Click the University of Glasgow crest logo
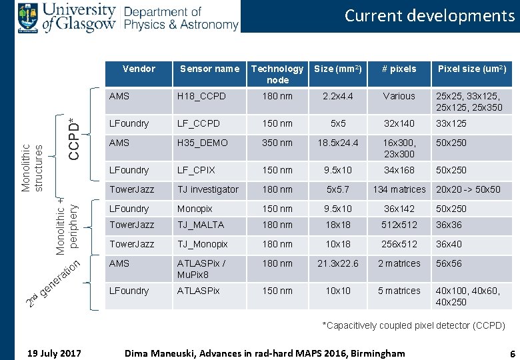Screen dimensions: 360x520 (28, 17)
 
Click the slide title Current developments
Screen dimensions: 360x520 (429, 15)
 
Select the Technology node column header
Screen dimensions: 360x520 (277, 74)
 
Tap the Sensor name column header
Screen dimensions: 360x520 (209, 69)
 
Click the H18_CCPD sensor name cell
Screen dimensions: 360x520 (201, 96)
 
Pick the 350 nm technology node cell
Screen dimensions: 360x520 (277, 143)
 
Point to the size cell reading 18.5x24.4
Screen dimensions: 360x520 (338, 143)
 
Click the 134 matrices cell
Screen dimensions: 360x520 (399, 189)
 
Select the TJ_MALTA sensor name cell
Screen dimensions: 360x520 (200, 225)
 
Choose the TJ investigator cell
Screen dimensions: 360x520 (207, 189)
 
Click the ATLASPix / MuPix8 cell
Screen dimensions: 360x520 (201, 268)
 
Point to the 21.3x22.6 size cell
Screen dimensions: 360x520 (338, 263)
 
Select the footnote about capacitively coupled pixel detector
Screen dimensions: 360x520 (413, 325)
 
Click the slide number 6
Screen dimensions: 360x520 (511, 353)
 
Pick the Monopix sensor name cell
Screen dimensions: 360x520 (195, 209)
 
